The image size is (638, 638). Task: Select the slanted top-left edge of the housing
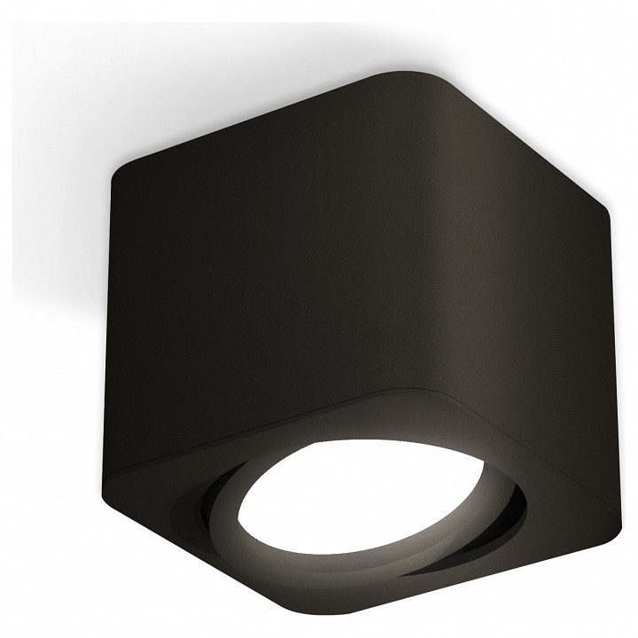[248, 115]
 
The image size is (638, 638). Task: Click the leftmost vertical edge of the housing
[110, 319]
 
